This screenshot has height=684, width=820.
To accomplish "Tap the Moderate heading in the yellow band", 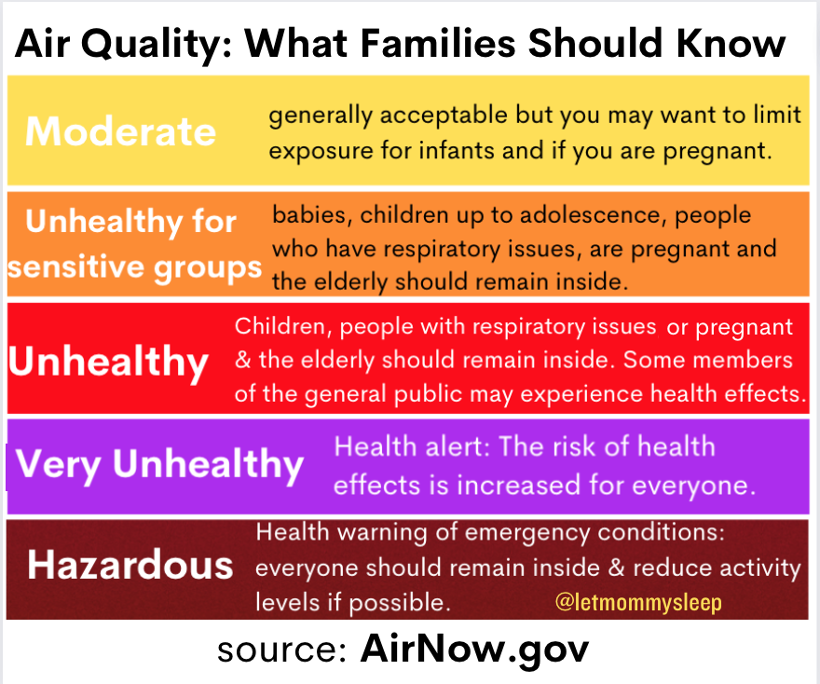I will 120,131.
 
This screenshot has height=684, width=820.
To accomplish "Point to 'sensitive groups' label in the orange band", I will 135,267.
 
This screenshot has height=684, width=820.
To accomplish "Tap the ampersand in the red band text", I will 243,361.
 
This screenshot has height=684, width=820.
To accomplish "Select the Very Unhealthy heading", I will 159,463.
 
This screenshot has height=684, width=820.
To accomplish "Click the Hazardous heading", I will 130,566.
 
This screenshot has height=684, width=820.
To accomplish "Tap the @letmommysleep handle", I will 637,603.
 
